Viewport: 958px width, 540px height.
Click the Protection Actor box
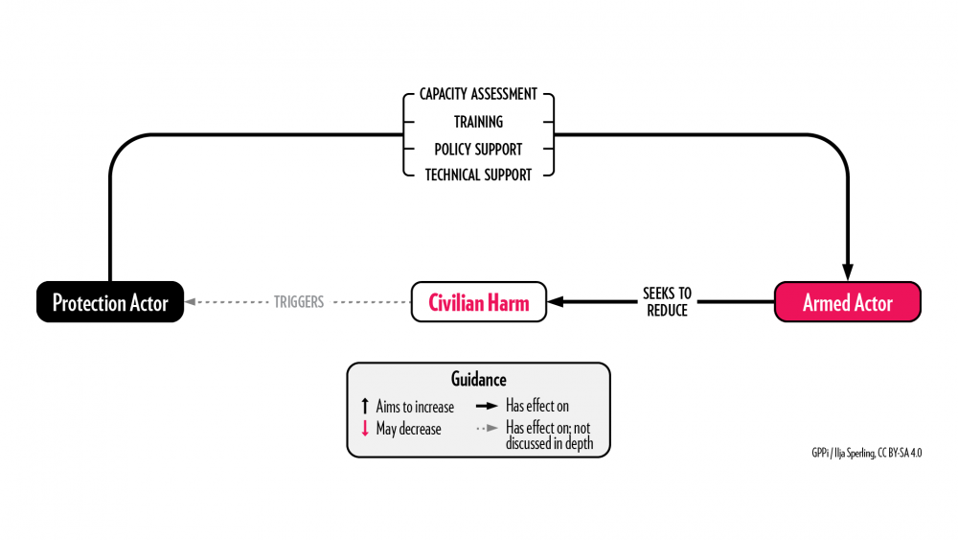[110, 302]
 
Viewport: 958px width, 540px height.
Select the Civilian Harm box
[478, 302]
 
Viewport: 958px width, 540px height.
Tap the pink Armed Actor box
[847, 302]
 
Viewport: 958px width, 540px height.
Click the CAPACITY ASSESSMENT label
[478, 95]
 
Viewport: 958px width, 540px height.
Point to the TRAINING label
[478, 122]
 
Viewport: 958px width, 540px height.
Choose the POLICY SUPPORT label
[478, 149]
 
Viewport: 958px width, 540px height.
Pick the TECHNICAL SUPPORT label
[478, 176]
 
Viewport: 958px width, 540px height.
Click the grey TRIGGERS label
[299, 301]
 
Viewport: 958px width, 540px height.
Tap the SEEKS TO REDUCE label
[668, 301]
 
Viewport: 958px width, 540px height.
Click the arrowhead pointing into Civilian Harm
[555, 302]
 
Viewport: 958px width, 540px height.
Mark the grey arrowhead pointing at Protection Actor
[191, 302]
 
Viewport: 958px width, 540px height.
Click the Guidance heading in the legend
[478, 380]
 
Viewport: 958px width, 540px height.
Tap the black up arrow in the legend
[365, 407]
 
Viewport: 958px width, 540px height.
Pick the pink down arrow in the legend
[365, 429]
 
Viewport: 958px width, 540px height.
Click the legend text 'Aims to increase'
[415, 407]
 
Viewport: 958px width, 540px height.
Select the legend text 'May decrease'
[408, 429]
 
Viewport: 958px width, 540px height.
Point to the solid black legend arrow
[486, 407]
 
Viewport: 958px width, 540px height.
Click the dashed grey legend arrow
[486, 429]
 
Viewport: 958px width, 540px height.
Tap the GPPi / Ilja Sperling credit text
[865, 452]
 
